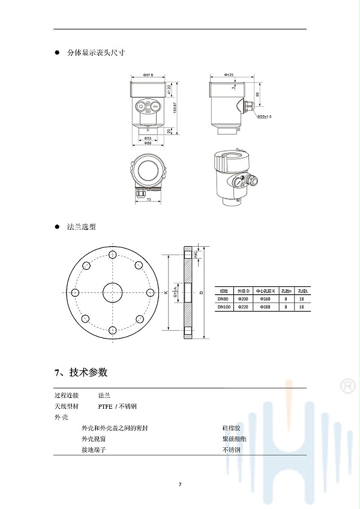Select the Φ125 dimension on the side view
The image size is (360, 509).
point(229,75)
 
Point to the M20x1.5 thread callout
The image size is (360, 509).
point(265,116)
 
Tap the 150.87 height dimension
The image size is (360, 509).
point(175,107)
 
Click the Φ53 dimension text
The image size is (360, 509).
point(148,138)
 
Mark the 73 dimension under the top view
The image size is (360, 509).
point(148,200)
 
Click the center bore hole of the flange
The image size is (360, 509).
point(112,293)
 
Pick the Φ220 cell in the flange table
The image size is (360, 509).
point(243,307)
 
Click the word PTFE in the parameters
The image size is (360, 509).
point(105,406)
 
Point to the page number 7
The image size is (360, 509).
point(179,484)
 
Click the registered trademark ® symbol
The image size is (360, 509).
point(347,386)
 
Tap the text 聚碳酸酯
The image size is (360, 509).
point(234,439)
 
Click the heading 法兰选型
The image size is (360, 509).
point(81,227)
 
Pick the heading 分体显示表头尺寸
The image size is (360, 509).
point(96,52)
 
